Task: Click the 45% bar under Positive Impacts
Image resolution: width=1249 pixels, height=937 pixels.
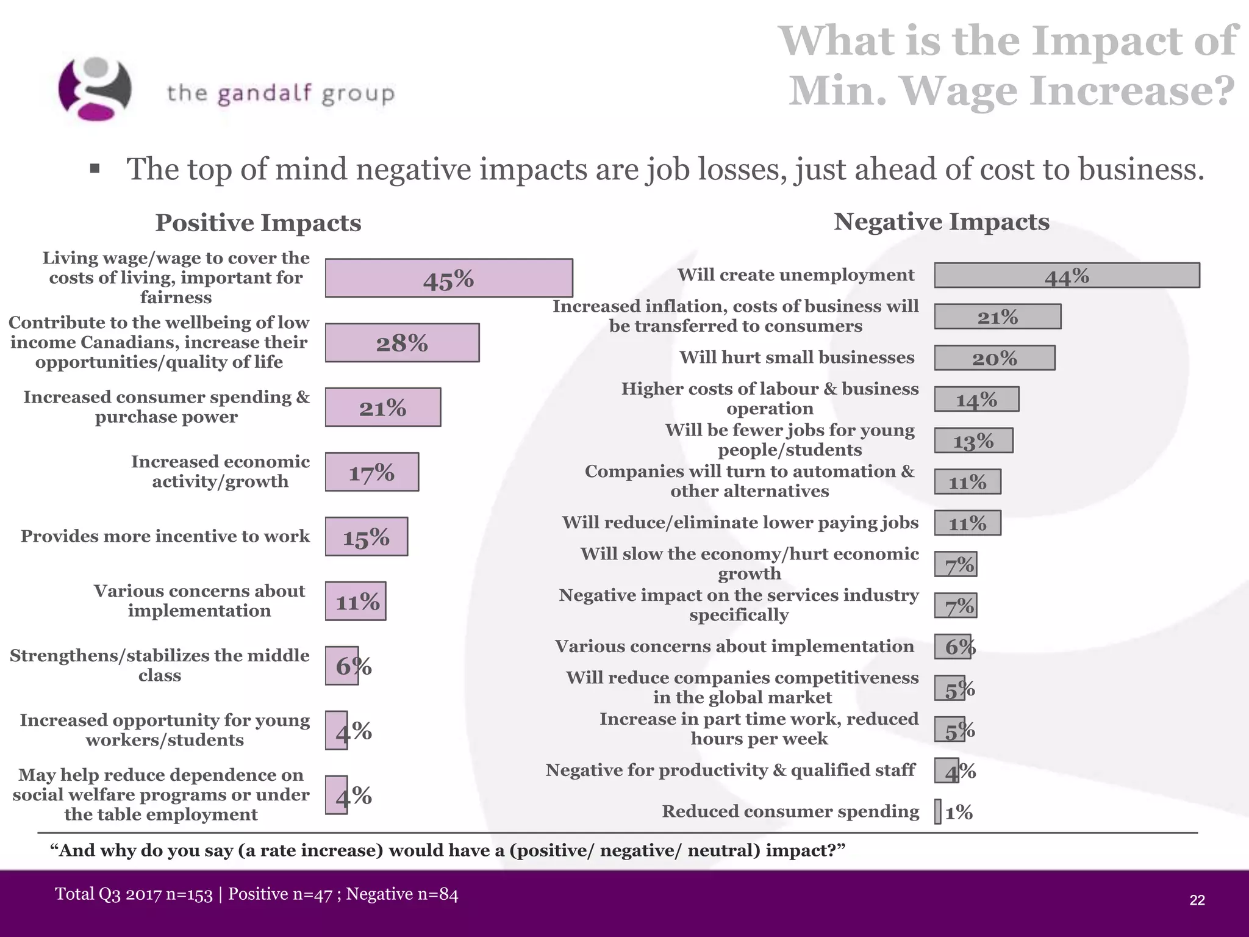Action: tap(448, 278)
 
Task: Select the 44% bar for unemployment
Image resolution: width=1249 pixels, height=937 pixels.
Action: tap(1067, 275)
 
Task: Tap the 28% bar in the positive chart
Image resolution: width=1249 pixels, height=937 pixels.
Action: tap(402, 343)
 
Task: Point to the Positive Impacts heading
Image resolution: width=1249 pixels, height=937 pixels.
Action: tap(258, 223)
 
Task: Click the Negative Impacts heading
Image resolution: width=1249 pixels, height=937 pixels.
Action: tap(941, 221)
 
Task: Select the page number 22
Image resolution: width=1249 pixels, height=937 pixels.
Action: tap(1197, 900)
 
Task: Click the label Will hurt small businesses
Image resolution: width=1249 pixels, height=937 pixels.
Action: tap(796, 357)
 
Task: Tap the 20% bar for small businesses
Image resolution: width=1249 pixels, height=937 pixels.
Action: tap(994, 358)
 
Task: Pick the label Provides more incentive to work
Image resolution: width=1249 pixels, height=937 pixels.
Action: tap(165, 536)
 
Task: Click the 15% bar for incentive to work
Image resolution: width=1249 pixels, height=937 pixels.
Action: tap(366, 537)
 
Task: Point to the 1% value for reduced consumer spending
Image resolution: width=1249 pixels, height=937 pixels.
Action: tap(959, 812)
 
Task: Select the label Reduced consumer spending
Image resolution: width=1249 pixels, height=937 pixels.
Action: tap(790, 811)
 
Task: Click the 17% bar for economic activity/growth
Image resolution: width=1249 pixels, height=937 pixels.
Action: tap(371, 472)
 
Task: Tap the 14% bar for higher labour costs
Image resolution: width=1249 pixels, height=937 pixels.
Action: tap(976, 400)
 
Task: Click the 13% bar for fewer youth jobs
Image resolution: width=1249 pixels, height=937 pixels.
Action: tap(973, 440)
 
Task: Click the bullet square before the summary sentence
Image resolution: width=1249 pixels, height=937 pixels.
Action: tap(95, 168)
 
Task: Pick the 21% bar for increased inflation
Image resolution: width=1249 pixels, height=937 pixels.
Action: tap(997, 317)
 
